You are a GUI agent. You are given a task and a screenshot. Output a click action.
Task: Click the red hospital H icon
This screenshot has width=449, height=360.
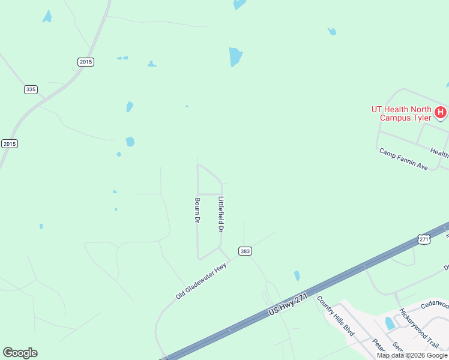coord(441,112)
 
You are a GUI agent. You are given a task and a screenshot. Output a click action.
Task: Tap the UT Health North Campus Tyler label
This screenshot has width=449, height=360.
coord(401,113)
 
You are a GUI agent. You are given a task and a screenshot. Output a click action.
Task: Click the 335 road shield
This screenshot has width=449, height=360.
coord(31,89)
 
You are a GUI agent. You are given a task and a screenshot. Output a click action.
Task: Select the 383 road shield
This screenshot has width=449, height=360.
coord(244,251)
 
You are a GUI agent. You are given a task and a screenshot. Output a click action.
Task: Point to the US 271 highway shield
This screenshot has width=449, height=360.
coord(424,239)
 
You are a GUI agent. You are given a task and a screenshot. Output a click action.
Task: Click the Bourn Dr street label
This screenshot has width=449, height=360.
coord(196,211)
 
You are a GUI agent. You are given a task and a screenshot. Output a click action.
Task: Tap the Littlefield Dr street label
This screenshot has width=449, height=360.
coord(221,214)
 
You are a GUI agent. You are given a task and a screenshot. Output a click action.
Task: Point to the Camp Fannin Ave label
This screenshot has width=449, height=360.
coord(403,159)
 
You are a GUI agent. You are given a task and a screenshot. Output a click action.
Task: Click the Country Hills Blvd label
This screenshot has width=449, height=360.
coord(336,316)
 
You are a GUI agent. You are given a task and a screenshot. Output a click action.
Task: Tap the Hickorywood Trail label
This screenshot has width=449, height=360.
coord(419,329)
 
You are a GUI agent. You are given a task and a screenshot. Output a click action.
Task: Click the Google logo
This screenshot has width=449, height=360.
coord(20,353)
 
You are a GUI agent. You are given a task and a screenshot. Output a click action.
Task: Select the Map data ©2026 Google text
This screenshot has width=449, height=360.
coord(412,355)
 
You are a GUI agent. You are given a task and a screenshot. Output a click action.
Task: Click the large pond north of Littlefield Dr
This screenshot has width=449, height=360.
coord(235,57)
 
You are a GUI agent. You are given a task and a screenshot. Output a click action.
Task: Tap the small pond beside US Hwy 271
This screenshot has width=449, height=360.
coord(297,276)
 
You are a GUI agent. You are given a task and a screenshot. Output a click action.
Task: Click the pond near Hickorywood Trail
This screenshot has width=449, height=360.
coord(390,323)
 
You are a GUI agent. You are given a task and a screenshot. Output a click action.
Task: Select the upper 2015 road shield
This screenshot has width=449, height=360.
coord(86,62)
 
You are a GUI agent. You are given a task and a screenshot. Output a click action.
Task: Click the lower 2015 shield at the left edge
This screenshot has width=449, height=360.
coord(10,143)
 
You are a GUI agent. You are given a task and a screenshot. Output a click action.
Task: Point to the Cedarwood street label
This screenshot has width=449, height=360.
coord(435,304)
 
